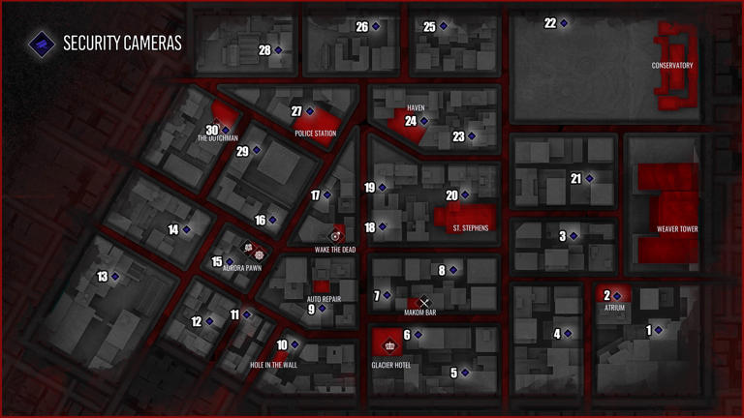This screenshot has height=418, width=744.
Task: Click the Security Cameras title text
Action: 122,44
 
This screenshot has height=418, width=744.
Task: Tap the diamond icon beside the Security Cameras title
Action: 41,43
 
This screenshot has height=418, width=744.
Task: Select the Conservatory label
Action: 672,66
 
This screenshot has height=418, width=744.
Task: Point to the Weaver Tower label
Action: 677,229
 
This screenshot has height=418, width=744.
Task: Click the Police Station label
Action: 316,134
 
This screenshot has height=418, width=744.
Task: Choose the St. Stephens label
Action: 471,228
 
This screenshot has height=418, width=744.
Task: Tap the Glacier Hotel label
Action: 392,366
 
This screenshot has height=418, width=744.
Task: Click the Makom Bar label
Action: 420,313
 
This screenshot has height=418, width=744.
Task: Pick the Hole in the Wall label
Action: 273,365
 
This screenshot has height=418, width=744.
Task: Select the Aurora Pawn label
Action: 242,268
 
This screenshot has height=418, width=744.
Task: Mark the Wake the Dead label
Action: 335,250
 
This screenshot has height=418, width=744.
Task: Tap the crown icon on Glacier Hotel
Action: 390,344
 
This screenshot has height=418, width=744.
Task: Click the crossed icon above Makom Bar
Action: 423,302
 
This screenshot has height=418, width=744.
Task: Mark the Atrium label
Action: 614,308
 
